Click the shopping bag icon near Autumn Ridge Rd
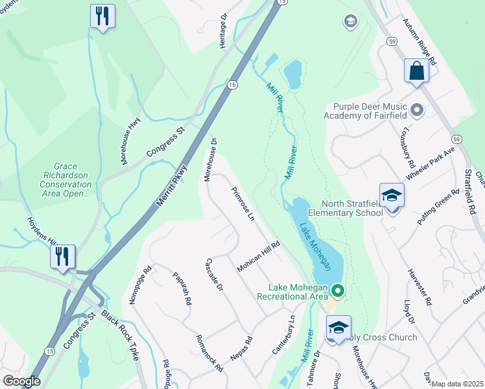coord(416,71)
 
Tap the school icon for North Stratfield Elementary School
coord(392,195)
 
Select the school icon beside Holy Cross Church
coord(338,327)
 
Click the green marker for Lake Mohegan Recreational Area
coord(337,290)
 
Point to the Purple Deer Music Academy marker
coord(416,110)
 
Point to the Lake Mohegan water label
coord(316,246)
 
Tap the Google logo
coord(21,381)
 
